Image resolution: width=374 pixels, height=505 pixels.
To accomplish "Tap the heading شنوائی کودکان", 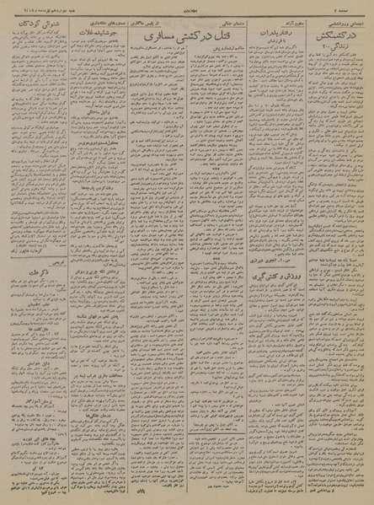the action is pos(39,26).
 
